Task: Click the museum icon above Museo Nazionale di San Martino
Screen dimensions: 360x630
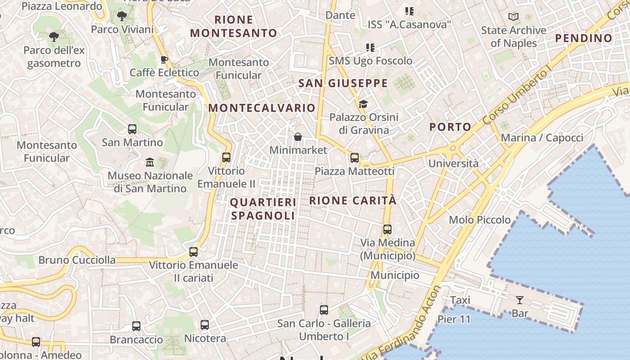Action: pos(150,162)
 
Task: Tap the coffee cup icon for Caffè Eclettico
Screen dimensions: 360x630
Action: pos(164,60)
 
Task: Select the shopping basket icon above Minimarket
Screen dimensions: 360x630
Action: pos(297,137)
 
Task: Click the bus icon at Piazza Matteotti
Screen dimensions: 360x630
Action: pos(355,158)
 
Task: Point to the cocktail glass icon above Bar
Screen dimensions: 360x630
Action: pos(520,300)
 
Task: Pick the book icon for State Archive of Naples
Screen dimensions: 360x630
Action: pos(513,17)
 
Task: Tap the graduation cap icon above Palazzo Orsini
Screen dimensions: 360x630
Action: pos(363,104)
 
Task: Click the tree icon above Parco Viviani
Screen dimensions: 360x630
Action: pos(121,17)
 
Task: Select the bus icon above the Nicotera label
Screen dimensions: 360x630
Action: pos(205,324)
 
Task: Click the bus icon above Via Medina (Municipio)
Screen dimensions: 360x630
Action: pos(387,229)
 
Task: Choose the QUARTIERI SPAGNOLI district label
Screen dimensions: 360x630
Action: pos(263,209)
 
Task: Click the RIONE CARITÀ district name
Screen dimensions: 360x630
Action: pos(353,201)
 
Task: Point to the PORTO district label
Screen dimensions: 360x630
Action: pos(450,127)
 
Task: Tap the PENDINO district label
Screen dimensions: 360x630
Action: pos(584,38)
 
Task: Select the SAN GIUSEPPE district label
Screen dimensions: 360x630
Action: pos(343,83)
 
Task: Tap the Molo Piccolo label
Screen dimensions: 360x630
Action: pos(480,220)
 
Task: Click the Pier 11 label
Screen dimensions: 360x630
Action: pos(454,319)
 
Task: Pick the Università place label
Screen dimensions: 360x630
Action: pos(454,163)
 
